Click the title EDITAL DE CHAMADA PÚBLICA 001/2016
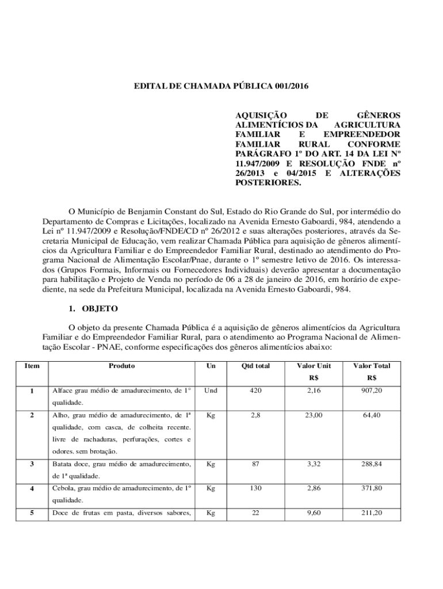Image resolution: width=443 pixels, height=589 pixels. coord(221,87)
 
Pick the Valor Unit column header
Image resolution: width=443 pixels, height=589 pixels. coord(314,365)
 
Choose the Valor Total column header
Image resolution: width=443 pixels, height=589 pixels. coord(371,365)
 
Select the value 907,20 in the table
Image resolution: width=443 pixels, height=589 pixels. coord(371,391)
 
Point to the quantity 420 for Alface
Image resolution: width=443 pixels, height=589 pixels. coord(255,391)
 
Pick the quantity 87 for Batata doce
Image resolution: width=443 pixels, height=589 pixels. coord(255,463)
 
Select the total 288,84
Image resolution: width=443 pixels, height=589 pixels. coord(371,463)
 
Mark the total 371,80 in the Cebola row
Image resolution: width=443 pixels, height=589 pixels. coord(371,488)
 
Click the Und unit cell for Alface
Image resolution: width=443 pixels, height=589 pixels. coord(211,391)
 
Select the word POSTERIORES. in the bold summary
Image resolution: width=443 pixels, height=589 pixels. coord(269,182)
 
